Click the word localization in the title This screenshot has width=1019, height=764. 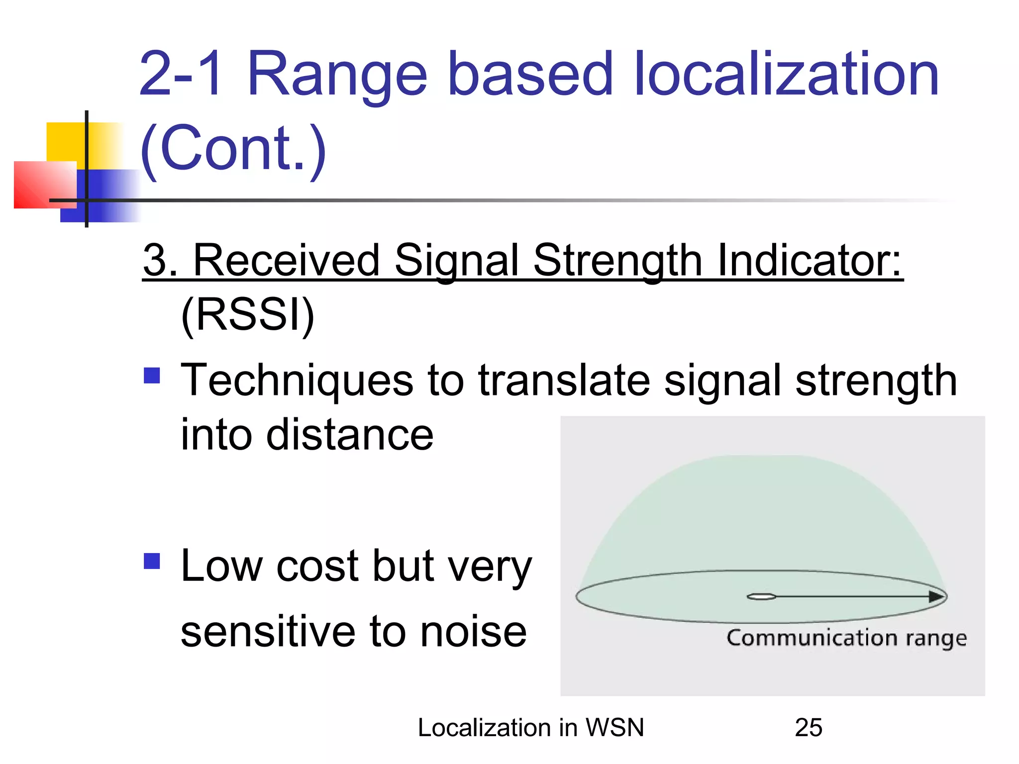[786, 75]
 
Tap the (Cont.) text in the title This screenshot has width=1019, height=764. [233, 148]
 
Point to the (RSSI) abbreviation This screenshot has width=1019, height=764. [248, 314]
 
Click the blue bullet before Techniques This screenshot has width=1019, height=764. [152, 376]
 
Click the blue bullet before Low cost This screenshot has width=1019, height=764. [152, 561]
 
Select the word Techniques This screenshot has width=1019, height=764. [297, 381]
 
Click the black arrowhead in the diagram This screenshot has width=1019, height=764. [936, 597]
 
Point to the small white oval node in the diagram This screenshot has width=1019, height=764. [761, 597]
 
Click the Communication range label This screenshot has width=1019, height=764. [846, 638]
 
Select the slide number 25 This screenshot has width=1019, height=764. [809, 728]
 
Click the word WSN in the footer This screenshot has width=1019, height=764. [614, 728]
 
